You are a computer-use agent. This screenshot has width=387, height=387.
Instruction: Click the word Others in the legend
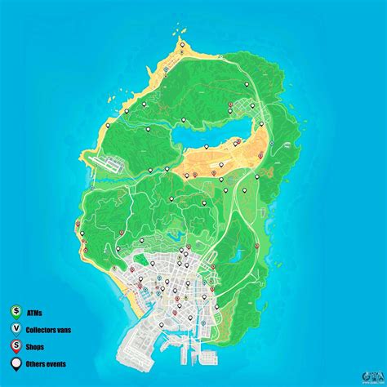[x=38, y=364]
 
